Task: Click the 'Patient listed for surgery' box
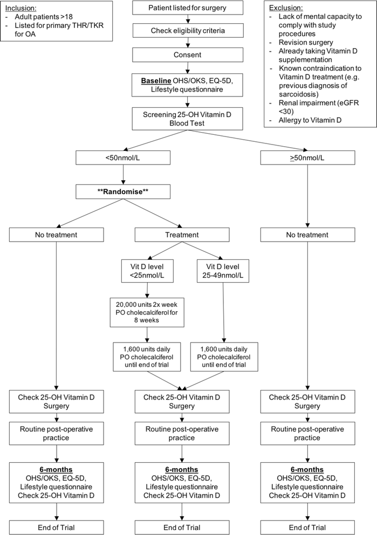(x=187, y=8)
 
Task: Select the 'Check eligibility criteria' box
(x=187, y=31)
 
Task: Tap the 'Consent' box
(x=187, y=55)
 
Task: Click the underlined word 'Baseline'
(x=155, y=80)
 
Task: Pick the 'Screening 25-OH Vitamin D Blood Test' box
(x=187, y=119)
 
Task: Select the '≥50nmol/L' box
(x=307, y=157)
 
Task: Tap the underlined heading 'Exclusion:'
(x=286, y=9)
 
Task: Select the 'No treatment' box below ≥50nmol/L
(x=307, y=235)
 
